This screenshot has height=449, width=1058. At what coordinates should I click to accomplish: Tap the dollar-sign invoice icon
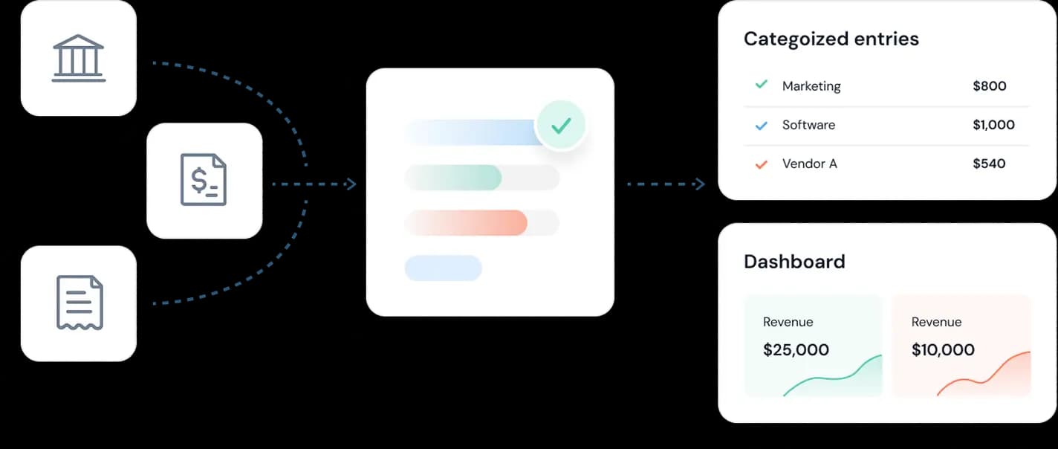204,180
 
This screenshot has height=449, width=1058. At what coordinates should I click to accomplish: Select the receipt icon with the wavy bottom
79,303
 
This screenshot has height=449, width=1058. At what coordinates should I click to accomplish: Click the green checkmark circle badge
561,126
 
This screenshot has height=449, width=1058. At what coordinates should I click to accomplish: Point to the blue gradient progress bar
473,132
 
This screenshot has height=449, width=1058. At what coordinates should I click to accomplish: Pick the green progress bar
453,178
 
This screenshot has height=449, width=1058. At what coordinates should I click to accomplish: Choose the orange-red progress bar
467,222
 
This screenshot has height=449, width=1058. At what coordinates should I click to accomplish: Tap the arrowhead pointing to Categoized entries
699,184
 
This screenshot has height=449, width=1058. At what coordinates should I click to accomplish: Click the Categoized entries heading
831,39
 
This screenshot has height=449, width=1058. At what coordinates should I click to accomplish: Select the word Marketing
811,86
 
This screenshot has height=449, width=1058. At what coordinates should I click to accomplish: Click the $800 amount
989,86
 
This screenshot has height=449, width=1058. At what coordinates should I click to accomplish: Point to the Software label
808,125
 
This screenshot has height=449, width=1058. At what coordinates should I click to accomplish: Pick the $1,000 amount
993,125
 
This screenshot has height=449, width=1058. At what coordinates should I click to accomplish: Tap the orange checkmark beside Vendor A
761,164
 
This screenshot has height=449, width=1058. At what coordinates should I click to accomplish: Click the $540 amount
989,164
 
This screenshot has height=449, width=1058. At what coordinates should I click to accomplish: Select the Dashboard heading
794,262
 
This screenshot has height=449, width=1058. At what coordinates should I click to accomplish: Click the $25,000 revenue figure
796,349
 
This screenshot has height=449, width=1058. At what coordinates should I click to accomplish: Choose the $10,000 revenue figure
943,349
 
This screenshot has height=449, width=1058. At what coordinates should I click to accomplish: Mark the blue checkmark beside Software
761,126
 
